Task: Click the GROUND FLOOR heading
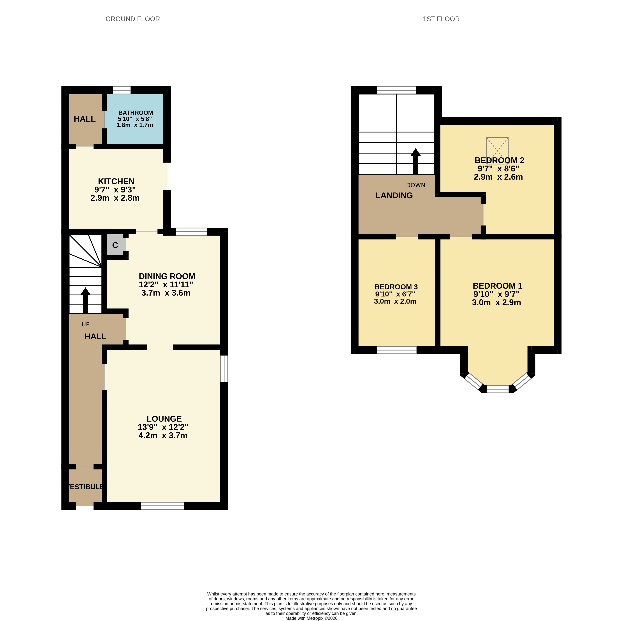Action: [x=133, y=19]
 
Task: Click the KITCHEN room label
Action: [x=116, y=181]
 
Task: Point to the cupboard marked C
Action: [x=115, y=245]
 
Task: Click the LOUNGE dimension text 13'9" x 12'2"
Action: [x=163, y=427]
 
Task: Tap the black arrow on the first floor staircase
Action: [x=415, y=161]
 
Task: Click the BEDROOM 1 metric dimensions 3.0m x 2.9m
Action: [x=496, y=302]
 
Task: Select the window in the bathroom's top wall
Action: [x=122, y=90]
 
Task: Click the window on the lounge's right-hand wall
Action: [x=224, y=368]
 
